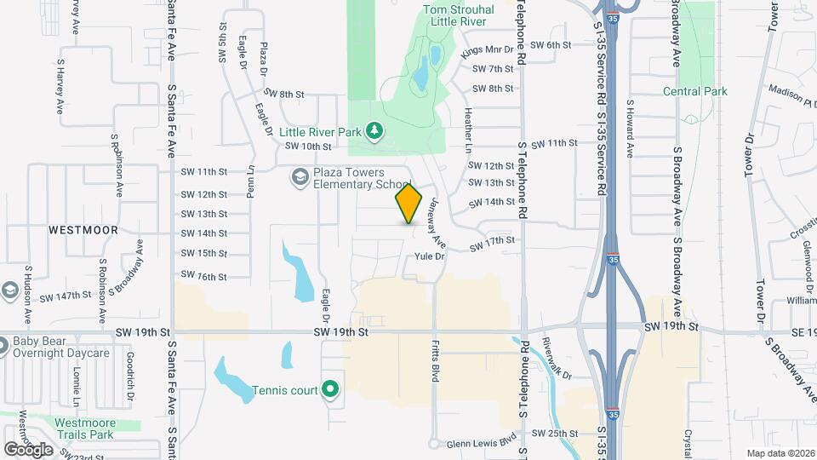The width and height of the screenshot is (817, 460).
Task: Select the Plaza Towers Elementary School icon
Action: tap(299, 177)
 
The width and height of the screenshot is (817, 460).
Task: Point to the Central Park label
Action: tap(695, 91)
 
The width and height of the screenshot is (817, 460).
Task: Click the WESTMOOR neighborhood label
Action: tap(83, 230)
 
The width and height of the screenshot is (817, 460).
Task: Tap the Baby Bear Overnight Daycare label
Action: tap(61, 348)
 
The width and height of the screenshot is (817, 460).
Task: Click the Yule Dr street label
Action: tap(430, 256)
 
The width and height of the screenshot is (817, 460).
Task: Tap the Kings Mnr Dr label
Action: tap(488, 51)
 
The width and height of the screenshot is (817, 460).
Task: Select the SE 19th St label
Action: tap(795, 327)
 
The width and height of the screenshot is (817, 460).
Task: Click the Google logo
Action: tap(28, 449)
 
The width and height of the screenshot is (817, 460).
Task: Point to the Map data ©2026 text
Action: tap(779, 453)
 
